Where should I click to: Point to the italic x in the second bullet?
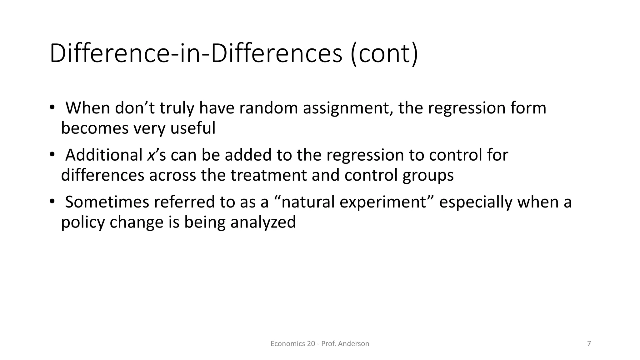[151, 155]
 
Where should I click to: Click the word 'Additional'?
[104, 155]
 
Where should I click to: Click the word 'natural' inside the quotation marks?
[308, 202]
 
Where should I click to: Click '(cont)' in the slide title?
[384, 54]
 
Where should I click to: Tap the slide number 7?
[589, 344]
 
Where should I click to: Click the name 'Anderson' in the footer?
[353, 344]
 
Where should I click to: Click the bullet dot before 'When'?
[52, 107]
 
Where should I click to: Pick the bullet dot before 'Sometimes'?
[52, 201]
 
